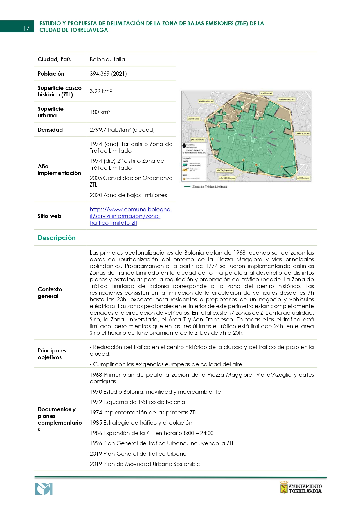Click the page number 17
[26, 28]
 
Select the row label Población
[51, 74]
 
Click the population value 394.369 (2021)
[108, 74]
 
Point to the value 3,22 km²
[100, 91]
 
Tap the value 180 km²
[100, 112]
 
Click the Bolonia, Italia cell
[107, 59]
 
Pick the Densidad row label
[50, 130]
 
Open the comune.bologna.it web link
[130, 216]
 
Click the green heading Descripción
[57, 238]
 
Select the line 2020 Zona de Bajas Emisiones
[128, 195]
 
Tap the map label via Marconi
[266, 94]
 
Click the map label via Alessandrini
[286, 99]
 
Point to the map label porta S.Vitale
[303, 133]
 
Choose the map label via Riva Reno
[206, 101]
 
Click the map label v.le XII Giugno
[227, 178]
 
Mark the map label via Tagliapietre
[224, 170]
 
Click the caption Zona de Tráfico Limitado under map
[209, 187]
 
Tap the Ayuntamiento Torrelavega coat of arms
[284, 487]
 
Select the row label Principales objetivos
[52, 354]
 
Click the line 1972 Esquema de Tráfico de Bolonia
[137, 402]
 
